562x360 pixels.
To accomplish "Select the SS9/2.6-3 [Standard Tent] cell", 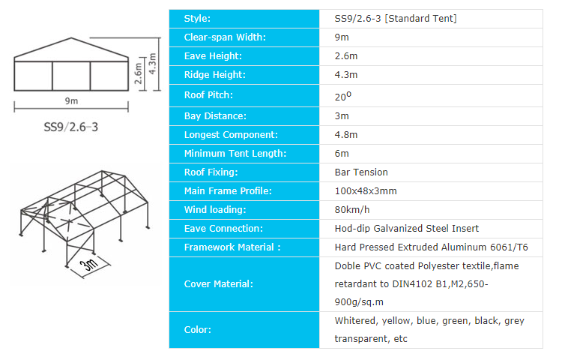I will tap(395, 18).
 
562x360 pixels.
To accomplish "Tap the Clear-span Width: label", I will tap(225, 37).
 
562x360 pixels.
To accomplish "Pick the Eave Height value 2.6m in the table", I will tap(346, 56).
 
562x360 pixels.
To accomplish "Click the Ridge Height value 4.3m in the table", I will tap(346, 75).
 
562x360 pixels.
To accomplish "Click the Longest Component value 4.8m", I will tap(346, 135).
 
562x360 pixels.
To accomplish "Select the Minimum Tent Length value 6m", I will tap(342, 154).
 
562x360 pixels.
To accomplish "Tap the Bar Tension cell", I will tap(361, 172).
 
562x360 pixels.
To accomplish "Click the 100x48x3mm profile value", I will tap(366, 191).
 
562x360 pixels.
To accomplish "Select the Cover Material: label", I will tap(218, 284).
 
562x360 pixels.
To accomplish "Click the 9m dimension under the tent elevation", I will tap(70, 101).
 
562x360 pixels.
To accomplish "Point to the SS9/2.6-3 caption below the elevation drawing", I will tap(71, 126).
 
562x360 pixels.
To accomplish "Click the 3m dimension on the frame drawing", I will tap(91, 263).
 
